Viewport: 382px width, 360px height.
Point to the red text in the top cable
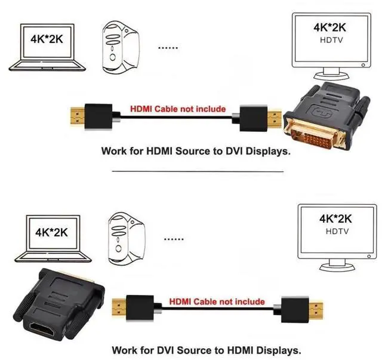[x=178, y=109]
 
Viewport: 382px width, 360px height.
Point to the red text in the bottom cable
[x=217, y=301]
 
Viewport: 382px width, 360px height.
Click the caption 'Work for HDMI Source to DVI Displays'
[x=196, y=151]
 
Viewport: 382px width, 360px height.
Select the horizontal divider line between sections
[x=197, y=171]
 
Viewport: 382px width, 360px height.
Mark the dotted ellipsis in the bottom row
[x=174, y=239]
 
